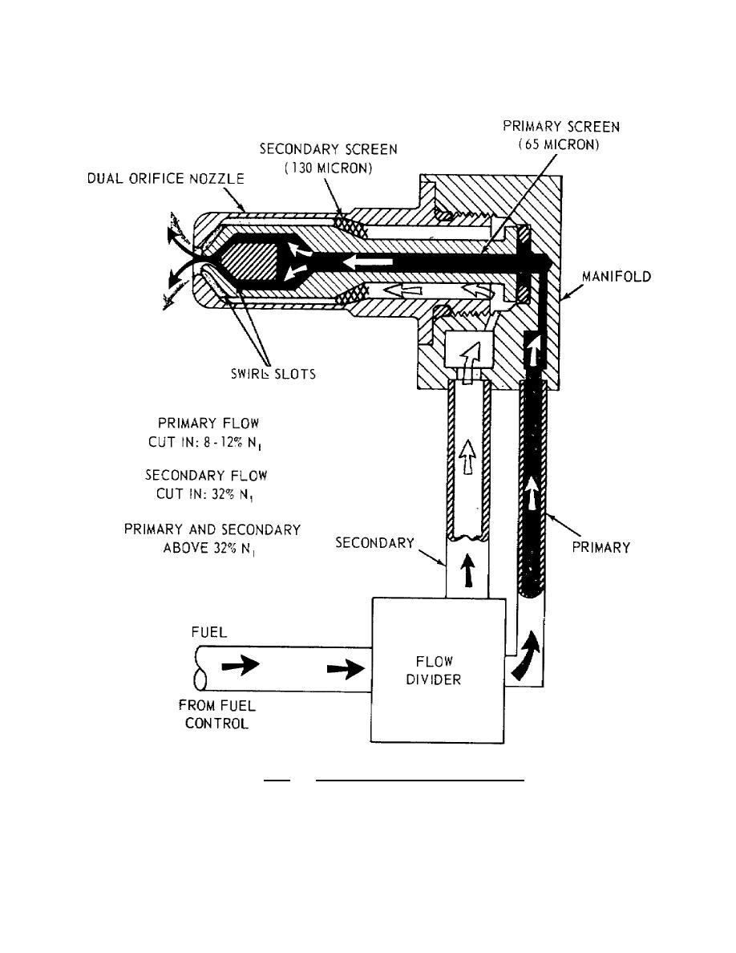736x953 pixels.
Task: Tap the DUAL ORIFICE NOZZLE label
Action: (x=164, y=180)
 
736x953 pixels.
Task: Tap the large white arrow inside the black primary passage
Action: (x=370, y=262)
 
